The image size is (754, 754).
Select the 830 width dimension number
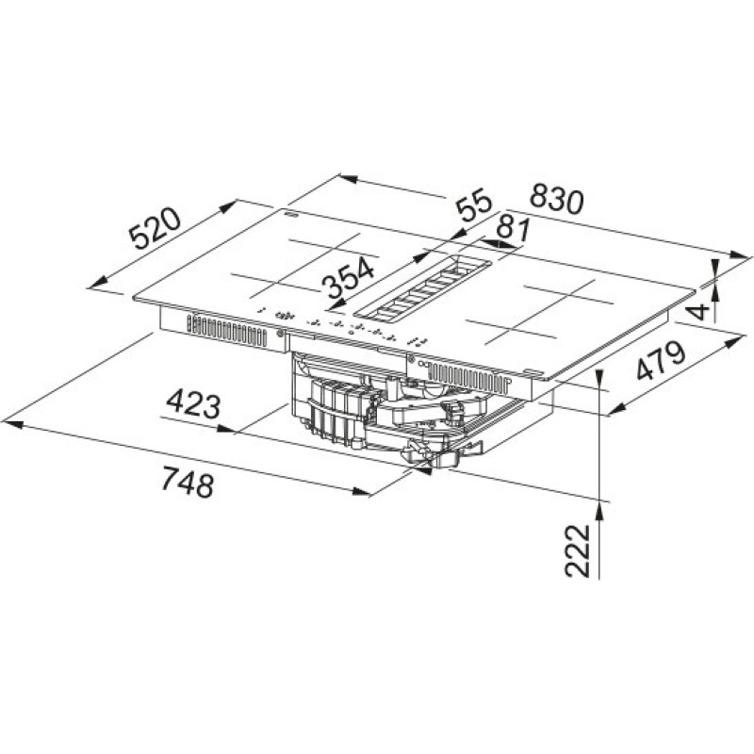(x=556, y=199)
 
